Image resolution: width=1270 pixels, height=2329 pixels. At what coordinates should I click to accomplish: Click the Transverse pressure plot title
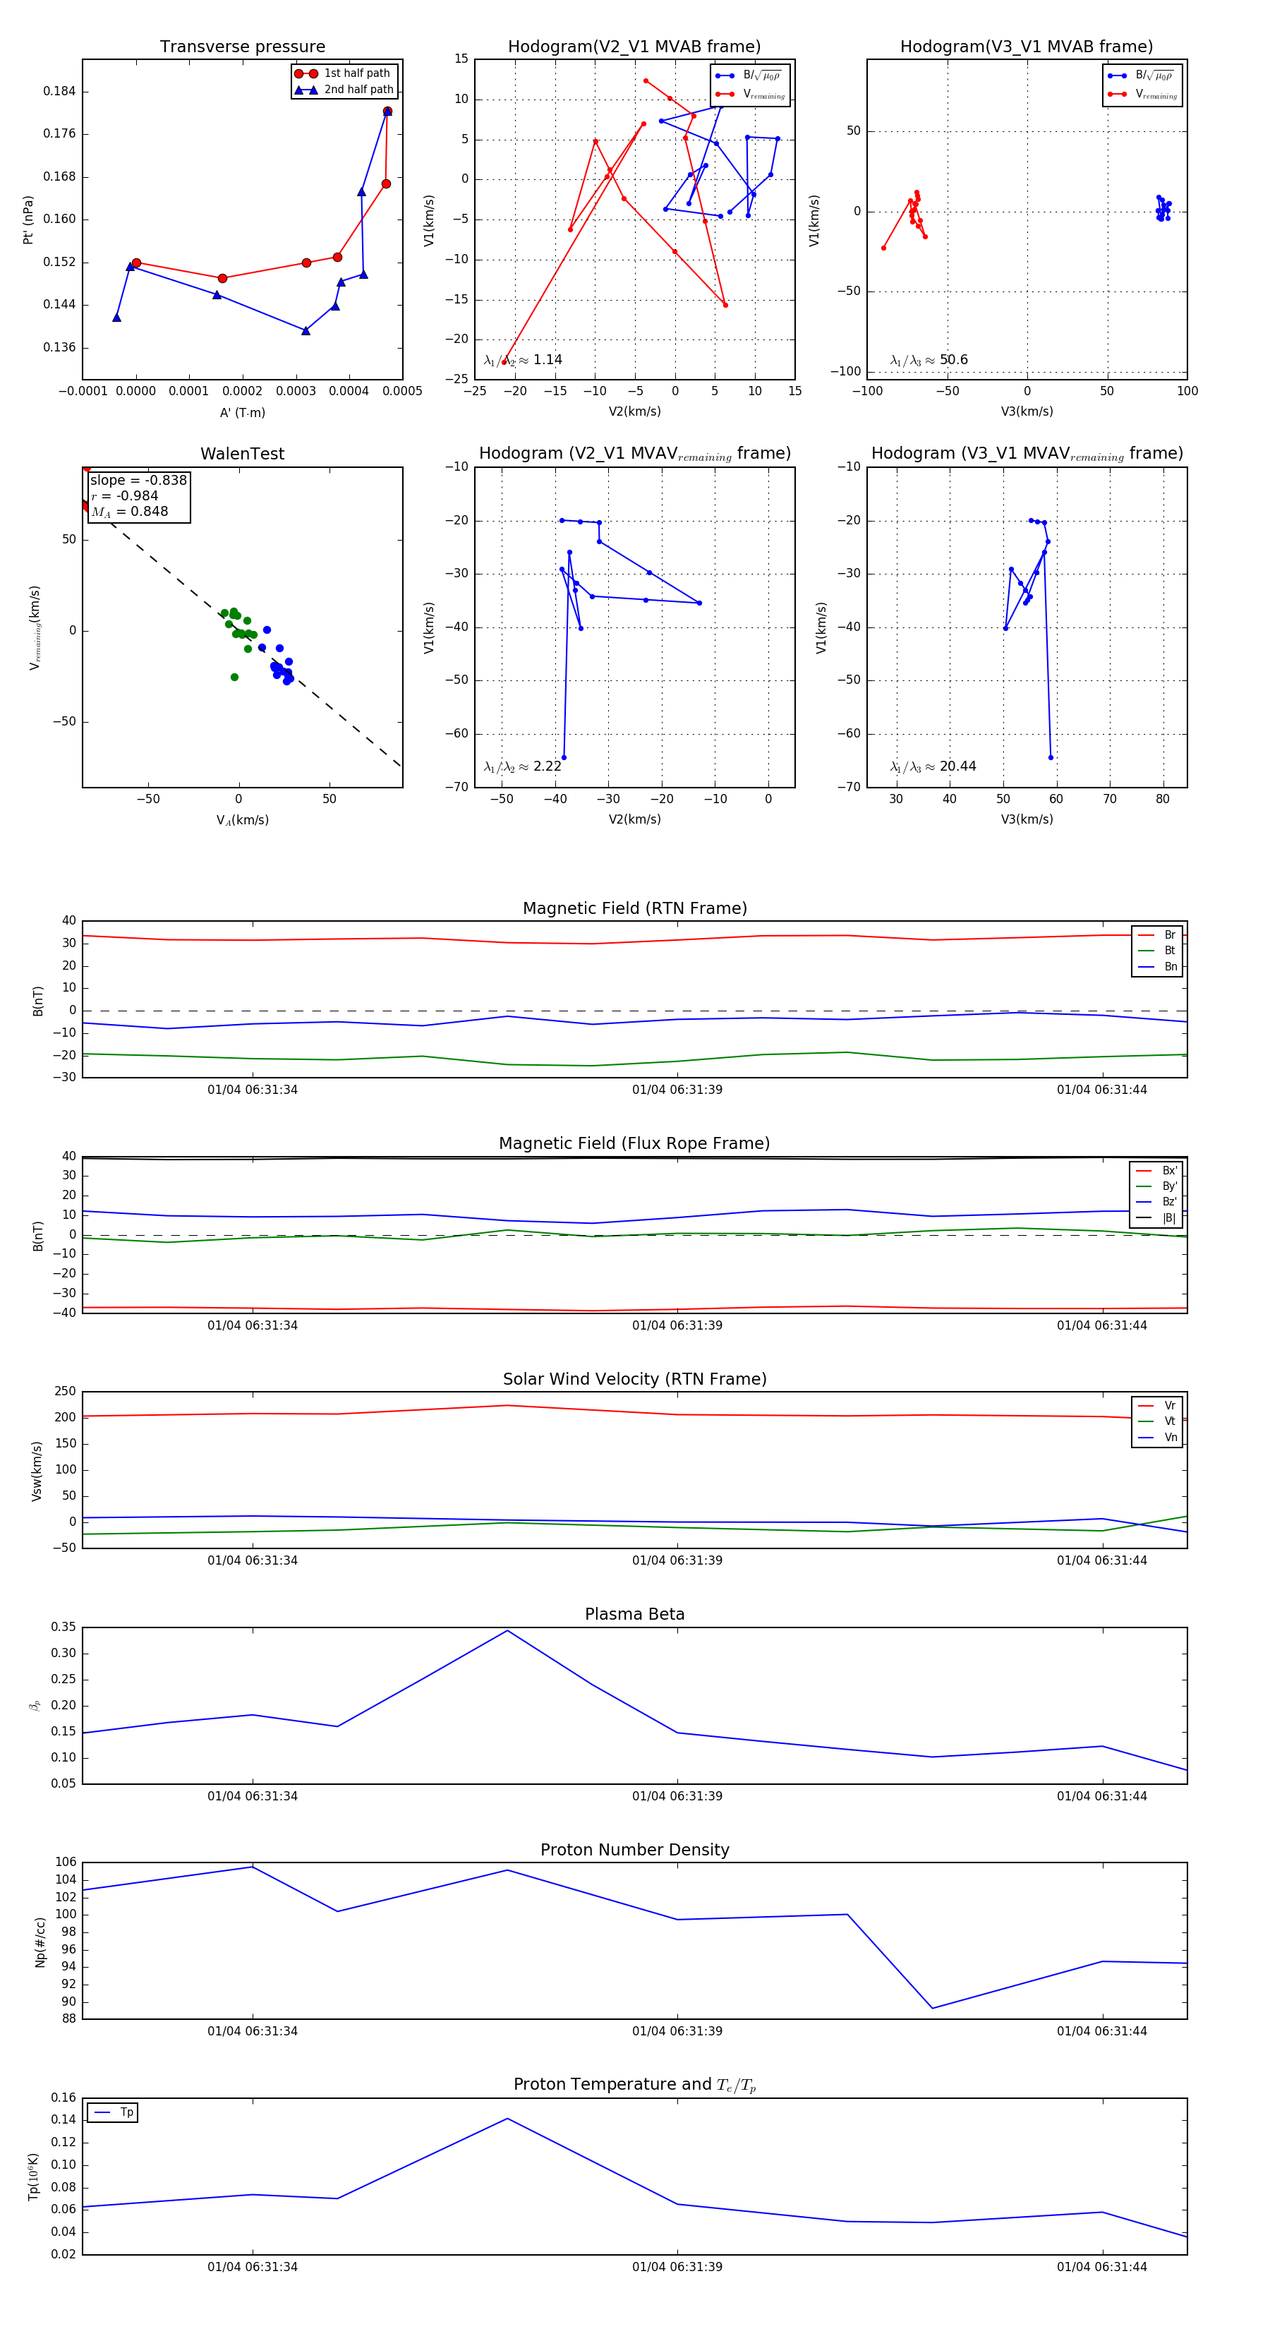click(x=242, y=47)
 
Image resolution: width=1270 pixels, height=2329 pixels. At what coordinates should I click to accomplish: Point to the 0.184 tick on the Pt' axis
click(x=60, y=91)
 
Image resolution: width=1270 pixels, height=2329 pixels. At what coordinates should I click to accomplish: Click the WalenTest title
click(x=242, y=454)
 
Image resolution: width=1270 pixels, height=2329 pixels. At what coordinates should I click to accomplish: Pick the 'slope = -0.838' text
click(x=138, y=480)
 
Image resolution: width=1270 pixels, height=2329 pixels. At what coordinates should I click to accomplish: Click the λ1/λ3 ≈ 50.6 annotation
click(x=929, y=360)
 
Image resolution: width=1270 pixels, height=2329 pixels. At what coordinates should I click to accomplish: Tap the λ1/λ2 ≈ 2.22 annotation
click(x=522, y=766)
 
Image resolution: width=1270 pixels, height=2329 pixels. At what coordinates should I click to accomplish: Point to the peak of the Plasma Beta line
click(x=508, y=1631)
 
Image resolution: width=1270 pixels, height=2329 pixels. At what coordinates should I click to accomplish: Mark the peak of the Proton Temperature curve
click(x=508, y=2119)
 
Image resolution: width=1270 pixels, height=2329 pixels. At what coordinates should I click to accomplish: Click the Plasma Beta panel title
click(x=634, y=1615)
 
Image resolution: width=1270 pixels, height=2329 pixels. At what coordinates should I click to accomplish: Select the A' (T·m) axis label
click(x=242, y=413)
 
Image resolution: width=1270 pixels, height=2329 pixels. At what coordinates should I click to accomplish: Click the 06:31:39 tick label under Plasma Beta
click(x=677, y=1796)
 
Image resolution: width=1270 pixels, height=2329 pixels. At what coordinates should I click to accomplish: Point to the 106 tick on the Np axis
click(x=65, y=1862)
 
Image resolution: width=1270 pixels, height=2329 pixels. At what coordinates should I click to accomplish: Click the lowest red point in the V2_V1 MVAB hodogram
click(x=504, y=361)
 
